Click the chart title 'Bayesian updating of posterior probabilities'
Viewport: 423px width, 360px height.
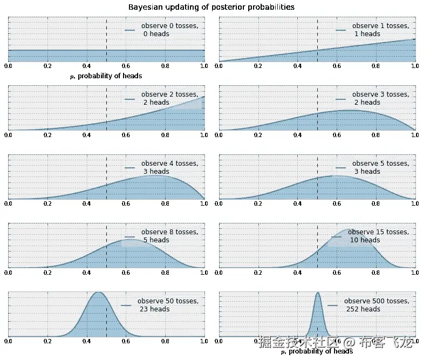pyautogui.click(x=211, y=8)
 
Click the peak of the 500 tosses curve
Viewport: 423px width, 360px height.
pyautogui.click(x=317, y=293)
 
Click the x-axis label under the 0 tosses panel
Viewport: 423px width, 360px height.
pyautogui.click(x=106, y=76)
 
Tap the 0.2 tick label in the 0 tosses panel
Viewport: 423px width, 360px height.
pyautogui.click(x=47, y=66)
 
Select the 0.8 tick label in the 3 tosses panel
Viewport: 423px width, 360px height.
pyautogui.click(x=376, y=134)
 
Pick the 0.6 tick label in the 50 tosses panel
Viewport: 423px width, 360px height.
pyautogui.click(x=126, y=341)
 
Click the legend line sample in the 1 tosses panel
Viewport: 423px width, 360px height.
pyautogui.click(x=340, y=30)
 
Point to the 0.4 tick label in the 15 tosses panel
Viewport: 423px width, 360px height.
pyautogui.click(x=297, y=272)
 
